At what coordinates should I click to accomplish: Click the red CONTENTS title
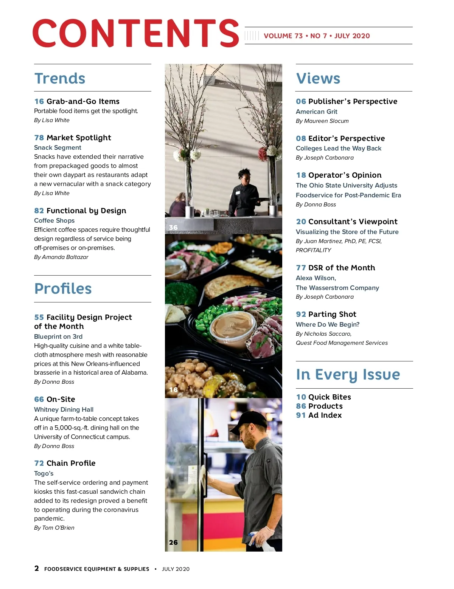click(x=135, y=34)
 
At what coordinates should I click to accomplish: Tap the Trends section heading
click(x=60, y=79)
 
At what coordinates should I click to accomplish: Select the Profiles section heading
click(x=63, y=289)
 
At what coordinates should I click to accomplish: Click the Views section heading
click(x=318, y=79)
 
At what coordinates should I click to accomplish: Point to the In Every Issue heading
click(x=348, y=375)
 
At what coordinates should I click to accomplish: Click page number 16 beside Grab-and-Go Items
click(x=39, y=101)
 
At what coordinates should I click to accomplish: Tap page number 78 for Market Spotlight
click(x=39, y=138)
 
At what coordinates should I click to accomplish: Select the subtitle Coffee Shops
click(x=54, y=220)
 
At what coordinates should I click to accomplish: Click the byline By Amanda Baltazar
click(x=61, y=257)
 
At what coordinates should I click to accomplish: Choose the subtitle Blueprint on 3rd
click(x=58, y=336)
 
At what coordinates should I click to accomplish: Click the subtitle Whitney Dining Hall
click(x=64, y=409)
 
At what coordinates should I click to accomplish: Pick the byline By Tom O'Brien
click(x=54, y=528)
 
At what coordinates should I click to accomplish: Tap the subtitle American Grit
click(x=316, y=112)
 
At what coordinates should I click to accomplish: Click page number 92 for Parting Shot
click(x=301, y=314)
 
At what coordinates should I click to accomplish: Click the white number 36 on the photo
click(x=173, y=227)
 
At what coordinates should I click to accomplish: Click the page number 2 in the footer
click(x=37, y=568)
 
